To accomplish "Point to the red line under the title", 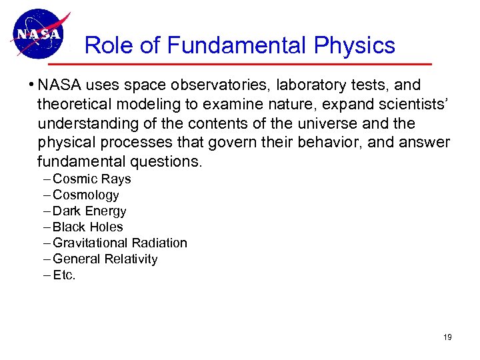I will (x=253, y=65).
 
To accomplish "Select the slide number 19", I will (x=447, y=337).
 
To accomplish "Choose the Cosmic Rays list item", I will (x=91, y=179).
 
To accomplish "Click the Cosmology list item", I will (x=85, y=195).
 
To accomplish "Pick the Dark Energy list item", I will (x=89, y=211).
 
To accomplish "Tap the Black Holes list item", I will (x=87, y=227).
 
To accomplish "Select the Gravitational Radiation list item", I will (x=119, y=243).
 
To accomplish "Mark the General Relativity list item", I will (x=105, y=259).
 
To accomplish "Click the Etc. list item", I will (x=64, y=275).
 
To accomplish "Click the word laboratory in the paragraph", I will (x=313, y=86).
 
